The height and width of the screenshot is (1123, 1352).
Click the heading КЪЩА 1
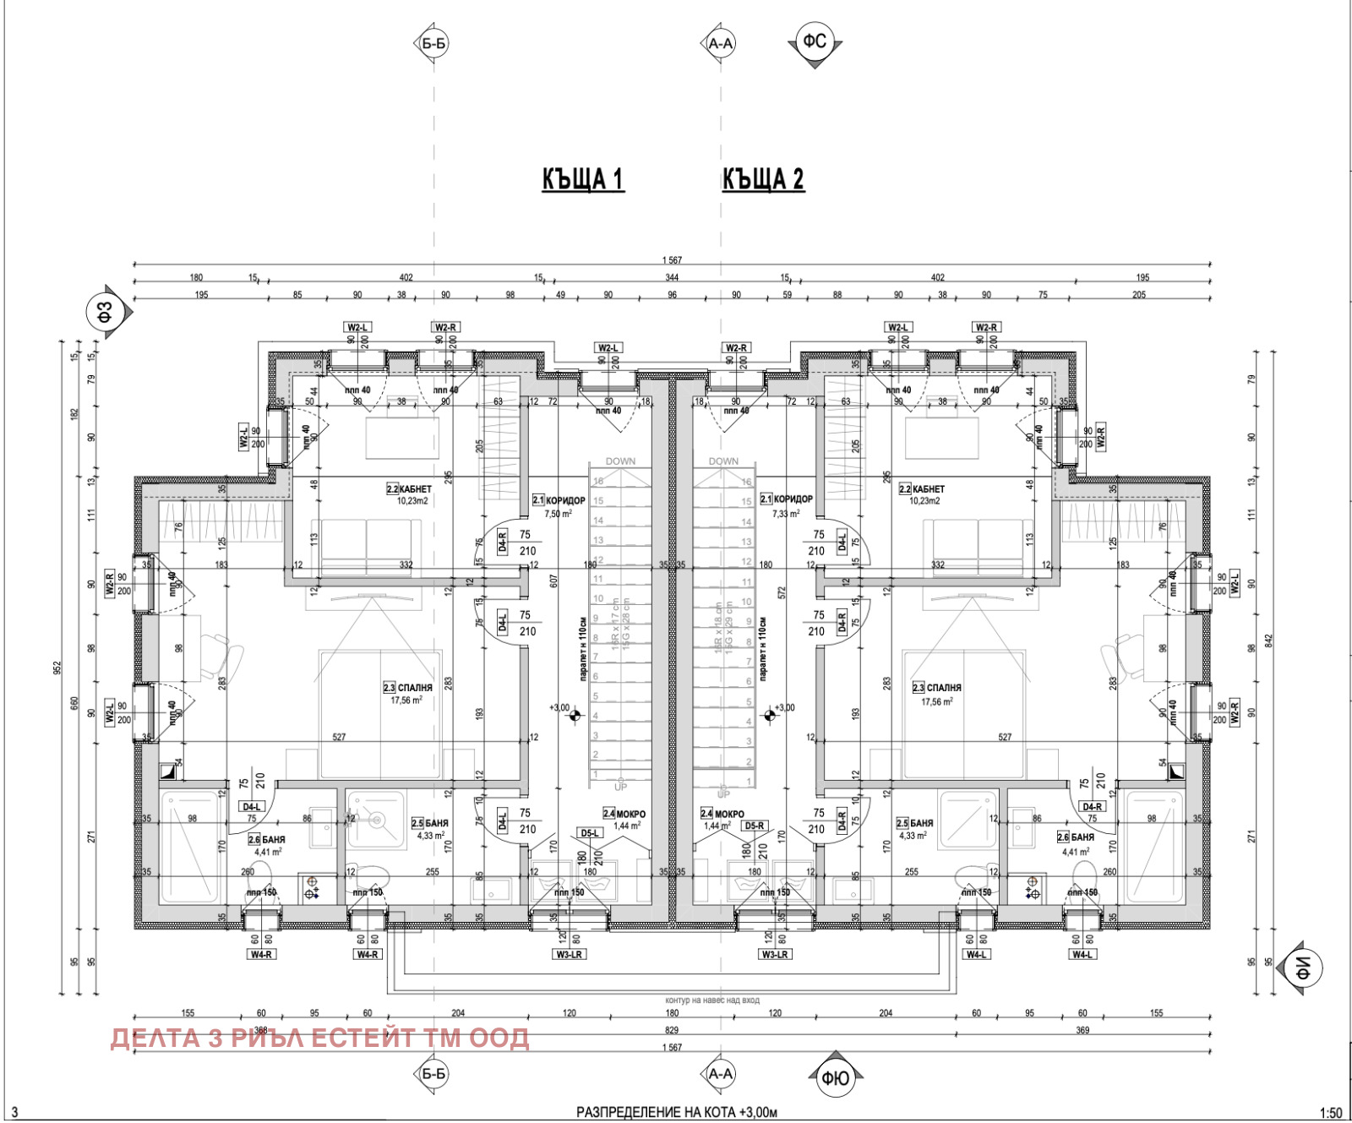tap(582, 179)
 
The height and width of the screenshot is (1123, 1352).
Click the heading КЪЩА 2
tap(763, 179)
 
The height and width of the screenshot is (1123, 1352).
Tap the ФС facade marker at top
tap(815, 41)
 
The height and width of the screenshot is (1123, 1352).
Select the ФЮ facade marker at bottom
tap(835, 1078)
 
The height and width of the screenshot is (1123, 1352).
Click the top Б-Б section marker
tap(433, 43)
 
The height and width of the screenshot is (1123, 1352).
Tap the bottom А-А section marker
tap(720, 1073)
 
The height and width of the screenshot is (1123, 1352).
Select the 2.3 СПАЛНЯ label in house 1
tap(408, 688)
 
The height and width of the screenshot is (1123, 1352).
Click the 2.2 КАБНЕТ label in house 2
tap(922, 489)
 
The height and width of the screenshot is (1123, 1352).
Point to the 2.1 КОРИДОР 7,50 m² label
tap(559, 500)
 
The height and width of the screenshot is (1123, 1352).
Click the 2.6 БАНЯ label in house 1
tap(267, 840)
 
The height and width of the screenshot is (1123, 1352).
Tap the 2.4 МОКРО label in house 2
tap(722, 814)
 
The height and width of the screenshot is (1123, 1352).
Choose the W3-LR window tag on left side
tap(570, 954)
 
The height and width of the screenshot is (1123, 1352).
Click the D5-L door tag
tap(590, 833)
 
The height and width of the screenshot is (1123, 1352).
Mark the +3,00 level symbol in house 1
tap(575, 716)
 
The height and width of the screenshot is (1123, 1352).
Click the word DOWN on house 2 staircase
tap(723, 461)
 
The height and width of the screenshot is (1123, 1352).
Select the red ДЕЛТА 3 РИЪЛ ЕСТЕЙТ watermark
tap(319, 1038)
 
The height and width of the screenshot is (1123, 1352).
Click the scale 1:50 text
tap(1331, 1113)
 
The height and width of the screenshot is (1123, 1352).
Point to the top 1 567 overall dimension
tap(672, 260)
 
